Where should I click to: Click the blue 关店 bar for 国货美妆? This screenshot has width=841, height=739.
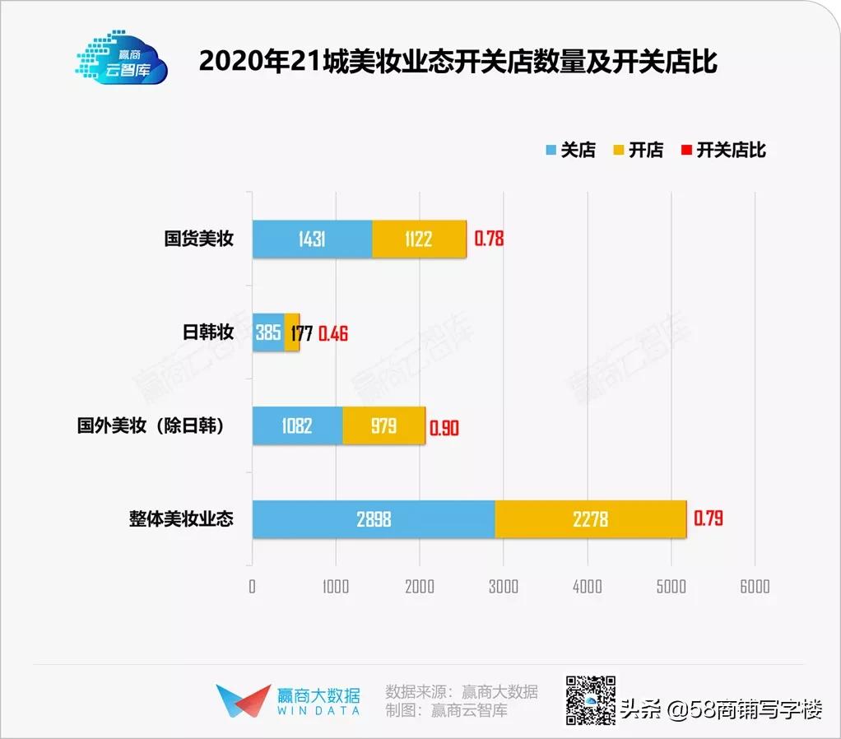tap(312, 239)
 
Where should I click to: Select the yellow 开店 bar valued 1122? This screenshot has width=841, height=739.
tap(419, 239)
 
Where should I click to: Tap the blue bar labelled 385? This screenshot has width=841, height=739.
tap(268, 332)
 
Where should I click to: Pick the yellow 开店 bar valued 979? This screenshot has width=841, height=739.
tap(383, 425)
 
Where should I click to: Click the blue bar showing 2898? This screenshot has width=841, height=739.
tap(374, 519)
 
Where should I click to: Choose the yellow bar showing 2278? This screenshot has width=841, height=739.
tap(590, 519)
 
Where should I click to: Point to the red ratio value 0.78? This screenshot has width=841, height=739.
tap(489, 239)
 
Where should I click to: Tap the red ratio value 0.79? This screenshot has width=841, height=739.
tap(708, 519)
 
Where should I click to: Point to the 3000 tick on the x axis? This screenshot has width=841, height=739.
tap(503, 586)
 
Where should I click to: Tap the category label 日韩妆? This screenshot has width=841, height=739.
tap(207, 332)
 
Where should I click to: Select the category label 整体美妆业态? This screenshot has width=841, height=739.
tap(181, 519)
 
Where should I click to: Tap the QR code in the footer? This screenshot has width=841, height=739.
tap(590, 700)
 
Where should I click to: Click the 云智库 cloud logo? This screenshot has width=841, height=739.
tap(122, 58)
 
